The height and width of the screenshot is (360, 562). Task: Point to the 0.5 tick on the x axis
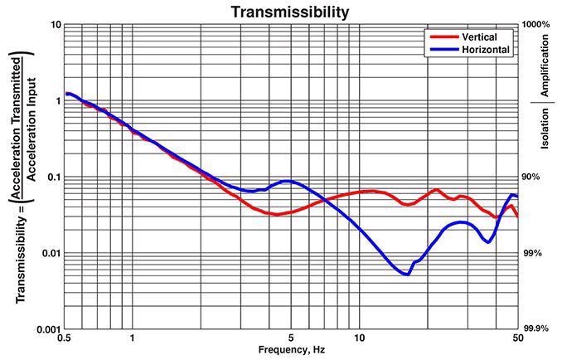point(64,338)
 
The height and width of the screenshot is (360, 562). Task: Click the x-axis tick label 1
point(133,338)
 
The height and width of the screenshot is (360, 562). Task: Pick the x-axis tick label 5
point(291,338)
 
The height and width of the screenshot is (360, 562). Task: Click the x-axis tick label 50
point(517,338)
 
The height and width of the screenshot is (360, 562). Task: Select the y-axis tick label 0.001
point(46,329)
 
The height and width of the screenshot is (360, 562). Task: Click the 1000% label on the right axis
point(535,25)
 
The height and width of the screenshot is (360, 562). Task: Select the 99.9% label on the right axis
point(535,329)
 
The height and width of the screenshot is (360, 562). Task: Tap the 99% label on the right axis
point(532,253)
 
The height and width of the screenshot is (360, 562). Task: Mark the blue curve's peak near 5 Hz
point(287,181)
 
